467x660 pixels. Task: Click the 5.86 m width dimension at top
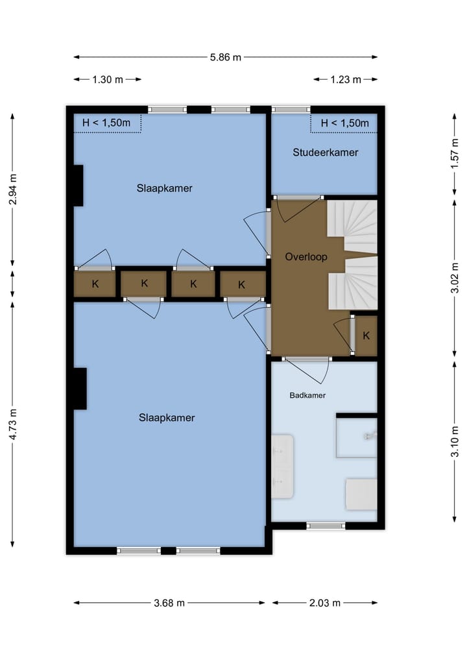[225, 57]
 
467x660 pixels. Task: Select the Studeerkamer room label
[325, 153]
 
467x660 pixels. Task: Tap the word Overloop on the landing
[306, 257]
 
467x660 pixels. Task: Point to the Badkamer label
[307, 395]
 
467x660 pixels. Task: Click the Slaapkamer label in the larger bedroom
[167, 418]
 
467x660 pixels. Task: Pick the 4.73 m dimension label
[14, 424]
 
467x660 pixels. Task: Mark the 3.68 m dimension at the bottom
[169, 603]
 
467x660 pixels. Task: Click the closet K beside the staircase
[366, 336]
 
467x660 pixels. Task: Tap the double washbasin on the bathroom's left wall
[283, 467]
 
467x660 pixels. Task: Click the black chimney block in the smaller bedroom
[78, 186]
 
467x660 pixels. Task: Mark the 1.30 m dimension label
[107, 80]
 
